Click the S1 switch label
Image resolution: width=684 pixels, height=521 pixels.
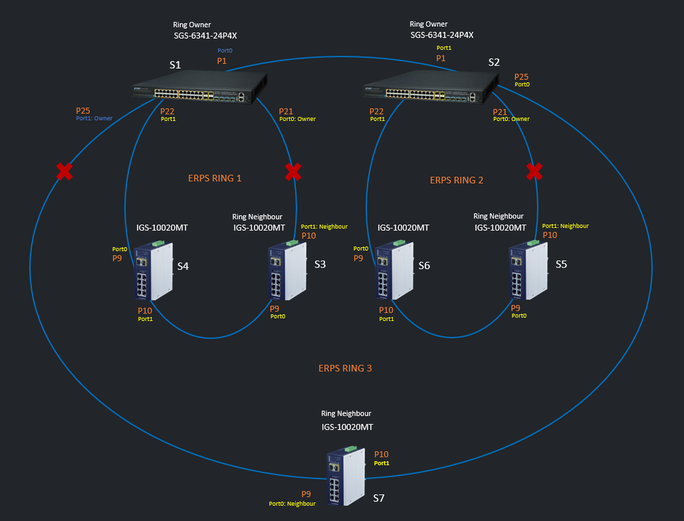click(x=175, y=64)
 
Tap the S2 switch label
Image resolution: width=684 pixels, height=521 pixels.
click(x=494, y=62)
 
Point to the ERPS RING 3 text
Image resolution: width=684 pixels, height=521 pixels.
click(x=345, y=368)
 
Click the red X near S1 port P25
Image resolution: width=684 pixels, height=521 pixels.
click(x=64, y=172)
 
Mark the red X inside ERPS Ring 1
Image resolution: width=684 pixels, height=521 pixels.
click(x=292, y=172)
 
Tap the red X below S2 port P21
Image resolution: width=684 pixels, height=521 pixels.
click(x=534, y=172)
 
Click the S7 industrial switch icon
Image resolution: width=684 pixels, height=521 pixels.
click(x=346, y=477)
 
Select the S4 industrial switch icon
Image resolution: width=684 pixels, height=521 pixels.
click(x=153, y=272)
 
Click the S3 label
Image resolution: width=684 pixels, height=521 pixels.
click(x=320, y=264)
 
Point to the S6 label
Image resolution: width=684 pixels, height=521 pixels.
click(x=424, y=265)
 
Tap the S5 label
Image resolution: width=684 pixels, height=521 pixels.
click(x=561, y=264)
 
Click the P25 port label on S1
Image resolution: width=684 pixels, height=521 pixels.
click(x=83, y=110)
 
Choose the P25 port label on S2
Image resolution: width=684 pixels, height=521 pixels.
click(x=522, y=77)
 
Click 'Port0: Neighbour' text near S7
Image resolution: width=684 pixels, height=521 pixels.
click(x=292, y=504)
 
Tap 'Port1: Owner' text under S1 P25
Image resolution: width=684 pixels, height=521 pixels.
click(x=94, y=119)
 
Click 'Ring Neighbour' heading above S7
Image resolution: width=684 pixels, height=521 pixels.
click(x=346, y=413)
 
